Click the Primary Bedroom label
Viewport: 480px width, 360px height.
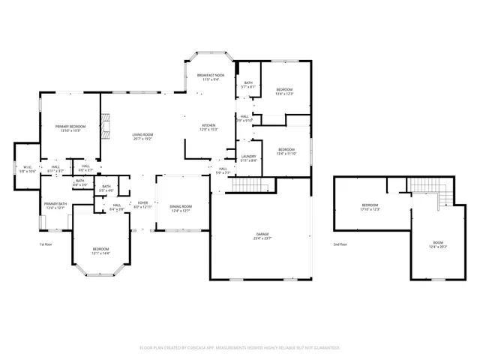point(70,128)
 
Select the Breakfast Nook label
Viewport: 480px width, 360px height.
point(209,77)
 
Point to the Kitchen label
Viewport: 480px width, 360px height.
point(208,127)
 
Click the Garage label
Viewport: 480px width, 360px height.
point(260,236)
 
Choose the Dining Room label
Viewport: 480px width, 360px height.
point(181,208)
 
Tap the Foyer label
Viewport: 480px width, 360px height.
point(142,204)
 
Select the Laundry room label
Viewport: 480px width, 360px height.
point(249,158)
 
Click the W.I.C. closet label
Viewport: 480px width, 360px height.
point(26,169)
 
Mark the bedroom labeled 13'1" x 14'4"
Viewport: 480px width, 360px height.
point(100,250)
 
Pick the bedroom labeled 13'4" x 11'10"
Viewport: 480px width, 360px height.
point(286,151)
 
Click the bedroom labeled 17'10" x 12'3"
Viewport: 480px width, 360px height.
point(370,207)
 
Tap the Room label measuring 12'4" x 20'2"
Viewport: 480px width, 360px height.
point(438,245)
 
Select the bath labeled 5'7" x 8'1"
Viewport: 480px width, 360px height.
point(247,85)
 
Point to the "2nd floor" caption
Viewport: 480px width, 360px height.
point(341,244)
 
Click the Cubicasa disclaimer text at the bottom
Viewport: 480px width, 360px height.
point(240,348)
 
